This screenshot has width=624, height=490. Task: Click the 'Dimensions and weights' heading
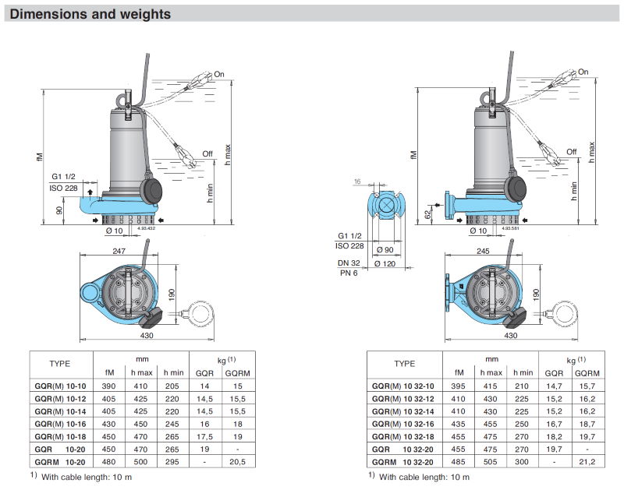90,14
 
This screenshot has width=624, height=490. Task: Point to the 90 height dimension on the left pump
58,210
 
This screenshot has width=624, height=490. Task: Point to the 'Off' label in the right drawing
572,151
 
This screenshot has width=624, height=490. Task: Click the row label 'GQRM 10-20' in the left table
59,462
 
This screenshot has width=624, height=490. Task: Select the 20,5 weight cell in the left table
238,462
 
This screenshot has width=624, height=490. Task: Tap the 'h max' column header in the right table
491,372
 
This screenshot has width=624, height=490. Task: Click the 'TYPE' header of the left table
60,364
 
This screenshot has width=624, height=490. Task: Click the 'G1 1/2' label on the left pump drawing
63,176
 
